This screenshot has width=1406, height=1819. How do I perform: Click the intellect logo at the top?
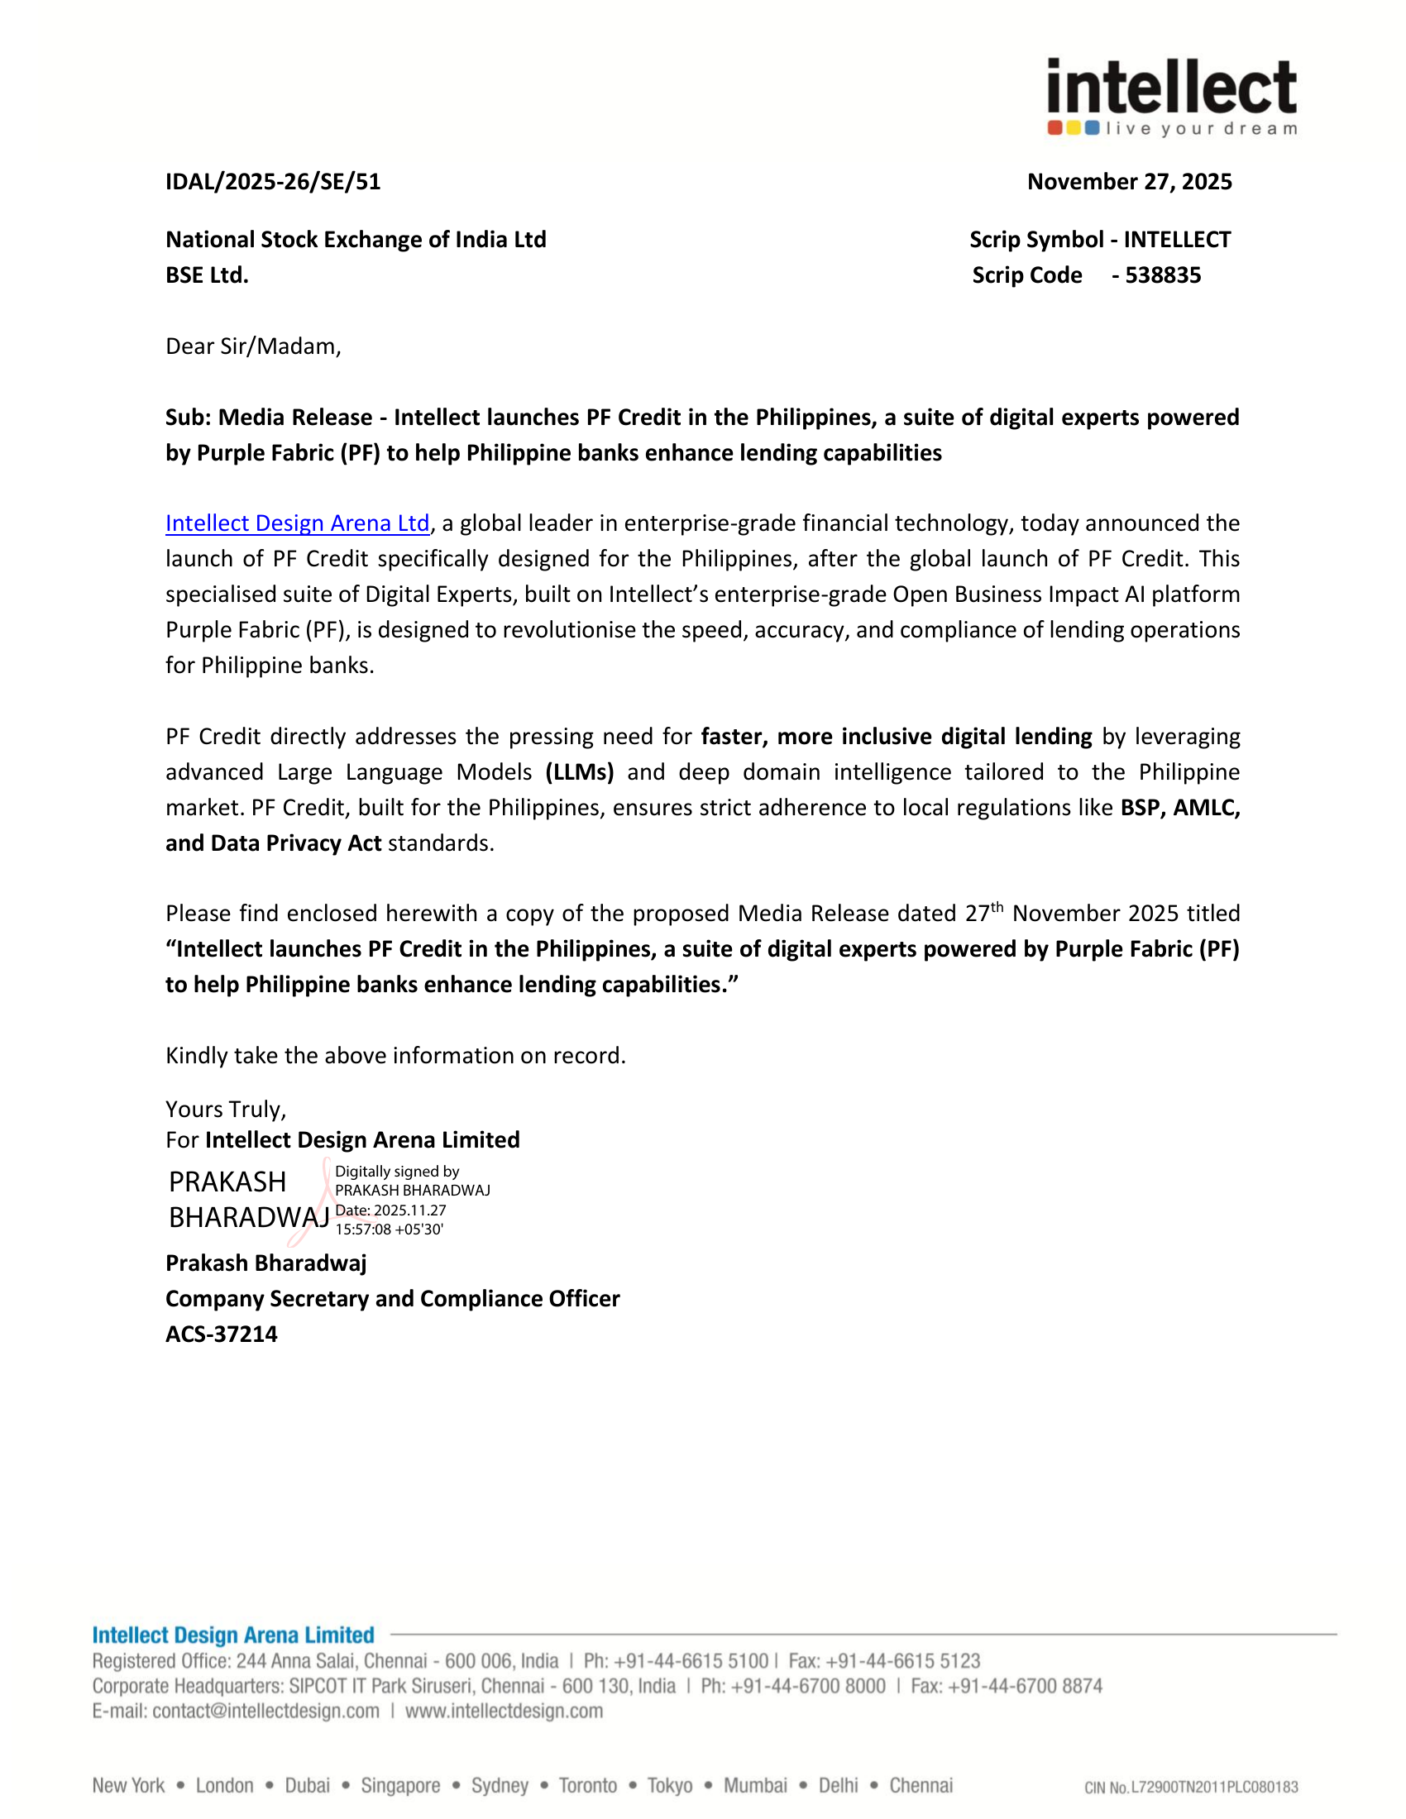pyautogui.click(x=1171, y=97)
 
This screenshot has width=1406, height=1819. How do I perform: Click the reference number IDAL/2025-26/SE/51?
pyautogui.click(x=273, y=182)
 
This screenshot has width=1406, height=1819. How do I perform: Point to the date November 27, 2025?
pyautogui.click(x=1129, y=182)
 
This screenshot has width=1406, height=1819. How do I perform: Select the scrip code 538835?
pyautogui.click(x=1163, y=275)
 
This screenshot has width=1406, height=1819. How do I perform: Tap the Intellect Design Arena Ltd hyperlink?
pyautogui.click(x=298, y=523)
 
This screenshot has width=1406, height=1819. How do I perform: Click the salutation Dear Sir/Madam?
pyautogui.click(x=253, y=346)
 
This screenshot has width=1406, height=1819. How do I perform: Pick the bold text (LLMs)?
pyautogui.click(x=580, y=772)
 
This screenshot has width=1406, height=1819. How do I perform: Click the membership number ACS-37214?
pyautogui.click(x=222, y=1334)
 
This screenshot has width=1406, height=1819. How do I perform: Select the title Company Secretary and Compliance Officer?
pyautogui.click(x=392, y=1298)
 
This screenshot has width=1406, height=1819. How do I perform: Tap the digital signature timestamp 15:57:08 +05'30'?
pyautogui.click(x=389, y=1229)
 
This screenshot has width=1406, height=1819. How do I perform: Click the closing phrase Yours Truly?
pyautogui.click(x=226, y=1110)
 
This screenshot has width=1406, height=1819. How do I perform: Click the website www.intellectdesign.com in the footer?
pyautogui.click(x=504, y=1711)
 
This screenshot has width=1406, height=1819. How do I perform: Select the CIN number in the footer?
pyautogui.click(x=1191, y=1787)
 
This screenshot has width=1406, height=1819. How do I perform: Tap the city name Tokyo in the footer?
pyautogui.click(x=670, y=1785)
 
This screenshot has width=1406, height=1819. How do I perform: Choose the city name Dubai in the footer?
pyautogui.click(x=308, y=1785)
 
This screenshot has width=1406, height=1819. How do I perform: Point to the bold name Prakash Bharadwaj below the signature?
pyautogui.click(x=265, y=1263)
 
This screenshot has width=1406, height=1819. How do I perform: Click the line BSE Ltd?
pyautogui.click(x=207, y=275)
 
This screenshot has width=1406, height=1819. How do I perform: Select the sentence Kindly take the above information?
pyautogui.click(x=395, y=1056)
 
